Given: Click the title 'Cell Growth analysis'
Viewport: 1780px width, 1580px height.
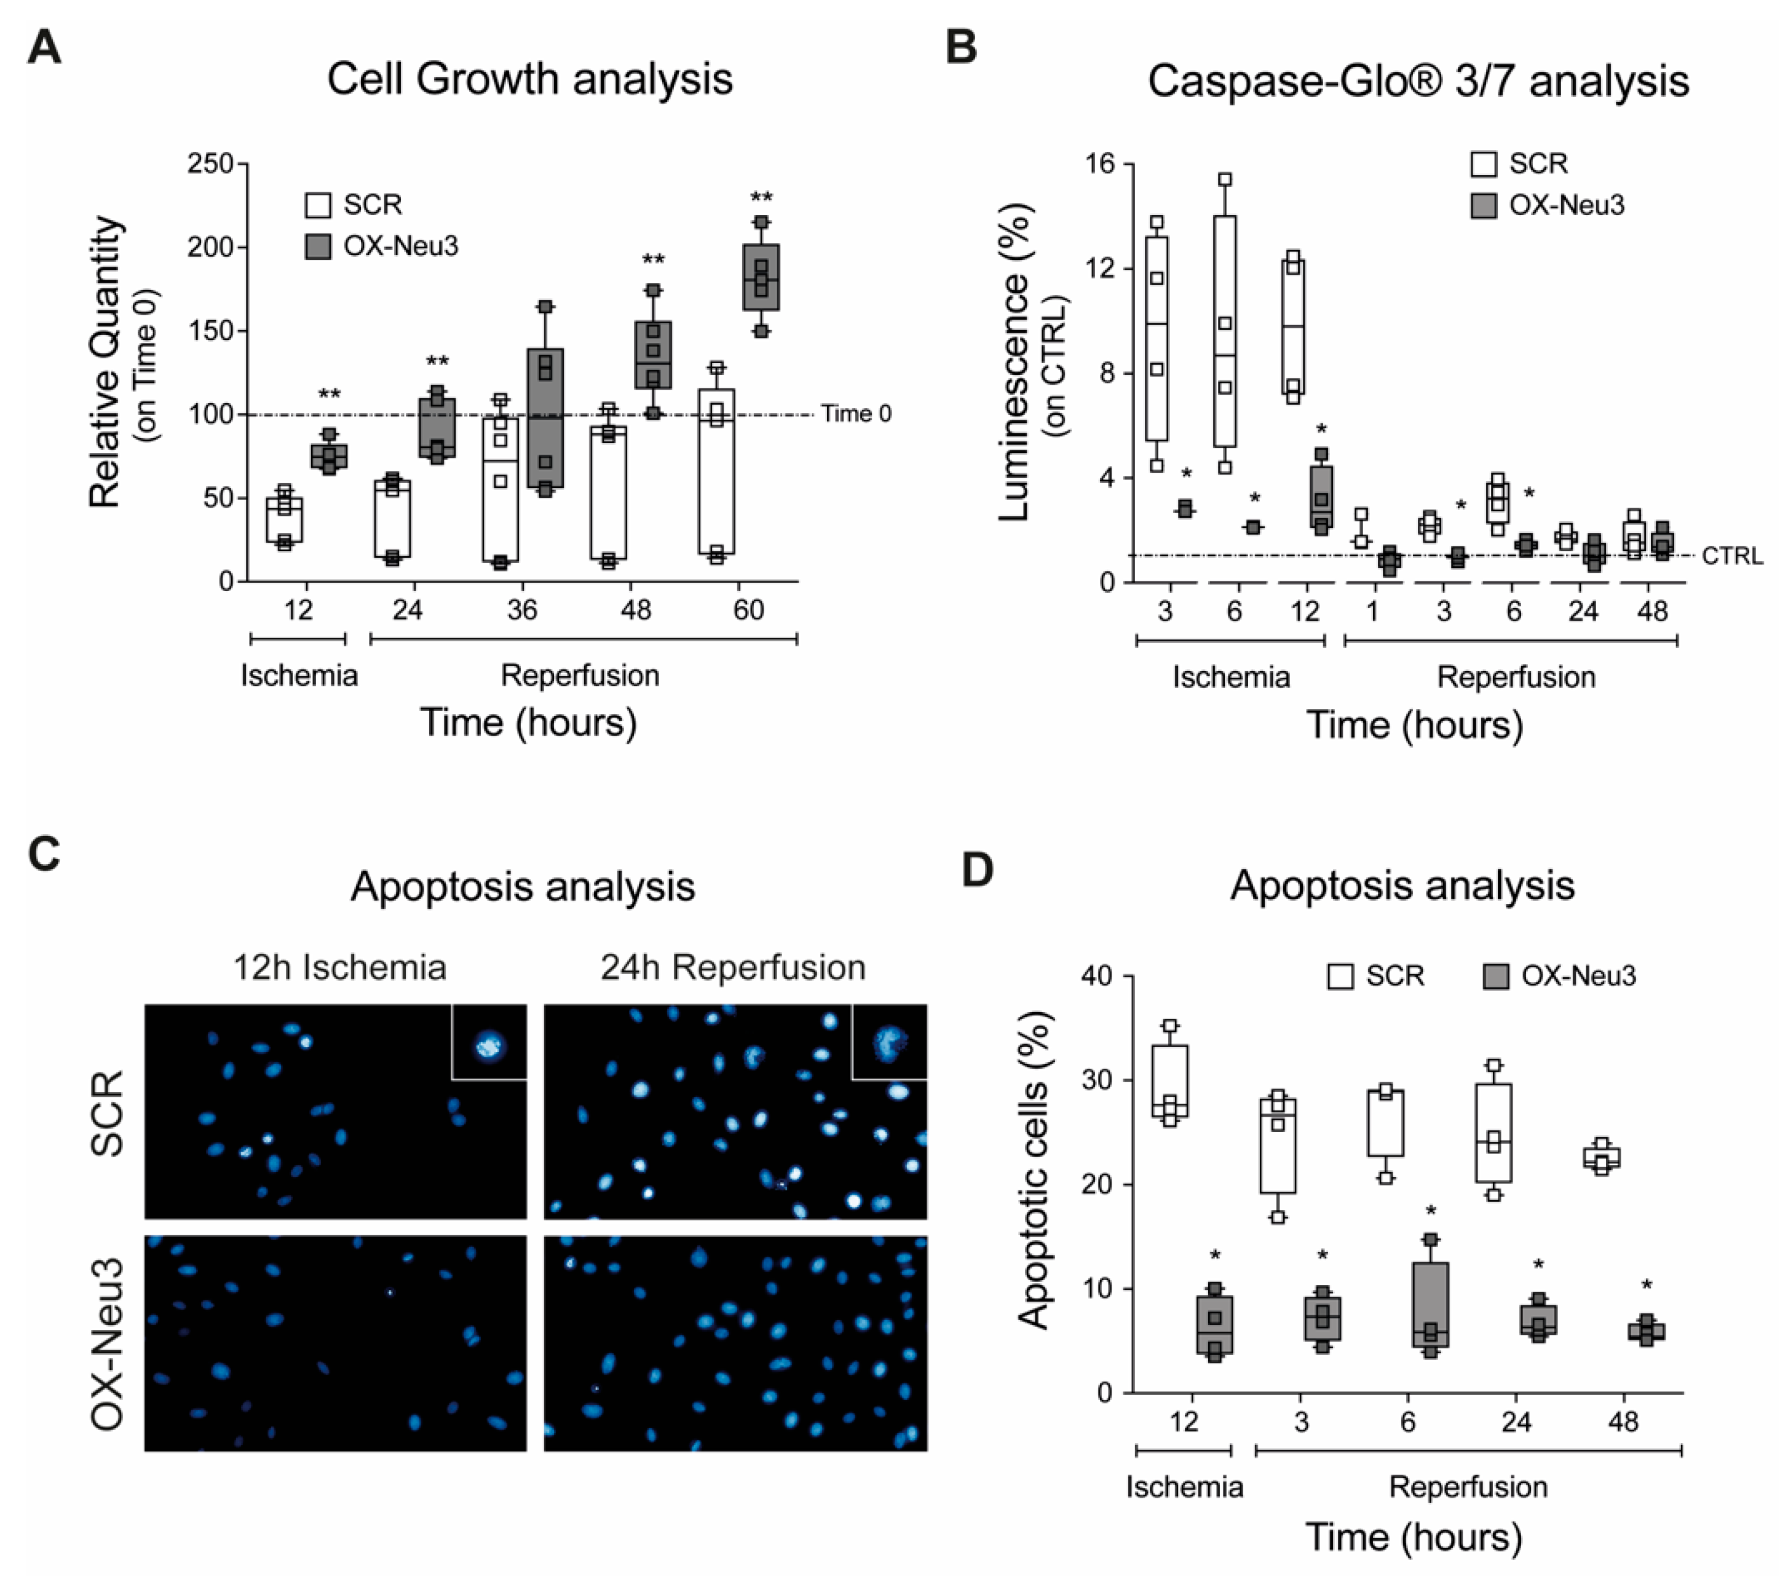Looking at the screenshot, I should coord(529,79).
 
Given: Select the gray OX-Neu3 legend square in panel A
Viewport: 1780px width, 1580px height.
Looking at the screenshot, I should coord(318,246).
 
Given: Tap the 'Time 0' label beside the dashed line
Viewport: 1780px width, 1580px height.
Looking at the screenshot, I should coord(856,414).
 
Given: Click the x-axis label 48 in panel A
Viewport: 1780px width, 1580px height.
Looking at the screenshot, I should coord(636,610).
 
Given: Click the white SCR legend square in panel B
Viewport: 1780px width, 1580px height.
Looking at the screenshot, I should coord(1484,163).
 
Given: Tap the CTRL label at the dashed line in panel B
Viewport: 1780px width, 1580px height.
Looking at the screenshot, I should coord(1732,556).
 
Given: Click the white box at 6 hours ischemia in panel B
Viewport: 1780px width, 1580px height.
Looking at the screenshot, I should coord(1224,331).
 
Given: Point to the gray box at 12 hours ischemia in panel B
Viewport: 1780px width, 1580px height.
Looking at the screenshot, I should coord(1321,496).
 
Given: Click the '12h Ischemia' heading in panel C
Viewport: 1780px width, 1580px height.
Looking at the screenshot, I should coord(339,968).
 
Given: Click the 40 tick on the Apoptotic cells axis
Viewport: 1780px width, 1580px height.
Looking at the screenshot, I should coord(1098,976).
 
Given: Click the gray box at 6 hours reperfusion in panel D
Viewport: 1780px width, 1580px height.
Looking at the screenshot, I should coord(1431,1304).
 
